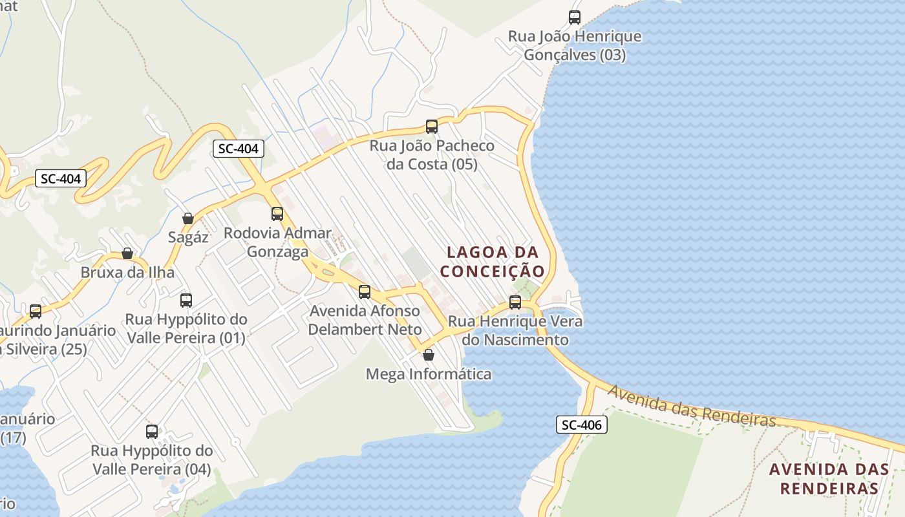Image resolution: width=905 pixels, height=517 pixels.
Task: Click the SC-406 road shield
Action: [x=581, y=425]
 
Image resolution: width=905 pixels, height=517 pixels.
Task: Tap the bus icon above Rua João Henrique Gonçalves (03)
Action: [x=574, y=17]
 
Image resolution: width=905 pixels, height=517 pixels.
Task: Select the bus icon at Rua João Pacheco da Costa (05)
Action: [x=432, y=127]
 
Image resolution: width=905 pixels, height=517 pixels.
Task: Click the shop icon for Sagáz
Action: [x=188, y=218]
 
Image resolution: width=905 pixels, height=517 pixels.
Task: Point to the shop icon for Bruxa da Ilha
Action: [x=127, y=253]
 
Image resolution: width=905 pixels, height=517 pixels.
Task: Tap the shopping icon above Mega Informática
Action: [x=428, y=355]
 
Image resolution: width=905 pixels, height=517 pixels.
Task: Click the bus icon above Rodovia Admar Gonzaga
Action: [x=277, y=214]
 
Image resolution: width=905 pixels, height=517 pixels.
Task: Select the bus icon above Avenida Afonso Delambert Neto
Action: [x=365, y=292]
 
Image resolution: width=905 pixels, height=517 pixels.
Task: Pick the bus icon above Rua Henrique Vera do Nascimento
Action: [x=515, y=302]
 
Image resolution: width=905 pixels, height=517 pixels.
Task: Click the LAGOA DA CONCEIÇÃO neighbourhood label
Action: [x=493, y=262]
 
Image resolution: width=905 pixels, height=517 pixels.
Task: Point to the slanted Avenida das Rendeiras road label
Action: [x=691, y=406]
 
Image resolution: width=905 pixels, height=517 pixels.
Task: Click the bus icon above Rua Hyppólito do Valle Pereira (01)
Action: [x=186, y=301]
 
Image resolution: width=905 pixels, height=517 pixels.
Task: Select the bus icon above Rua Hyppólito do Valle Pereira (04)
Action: [x=152, y=432]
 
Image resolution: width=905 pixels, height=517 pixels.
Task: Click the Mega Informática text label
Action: [x=429, y=374]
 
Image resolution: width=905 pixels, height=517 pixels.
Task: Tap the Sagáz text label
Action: [x=188, y=237]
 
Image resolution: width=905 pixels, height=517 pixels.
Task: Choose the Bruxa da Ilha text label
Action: [x=127, y=272]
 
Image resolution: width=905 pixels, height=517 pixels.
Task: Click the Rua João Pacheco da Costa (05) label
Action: [x=432, y=155]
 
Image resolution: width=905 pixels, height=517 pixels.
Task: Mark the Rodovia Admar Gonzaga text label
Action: [x=277, y=242]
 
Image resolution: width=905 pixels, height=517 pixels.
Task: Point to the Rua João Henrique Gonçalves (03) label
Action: [x=575, y=45]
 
